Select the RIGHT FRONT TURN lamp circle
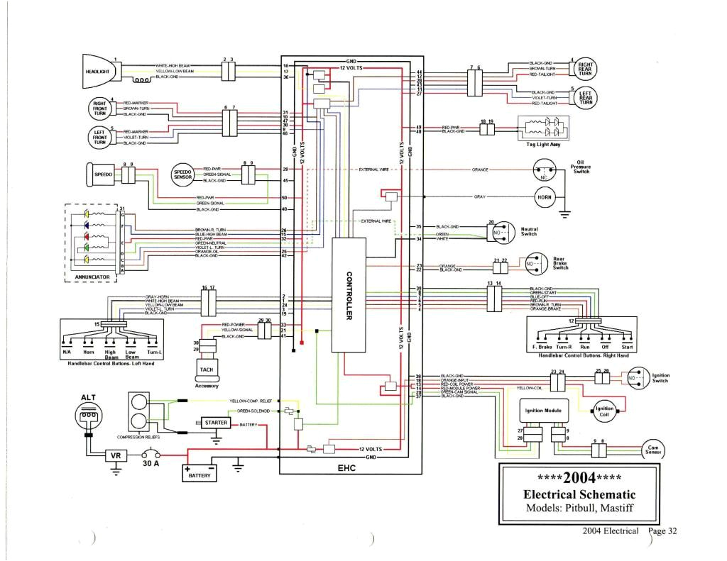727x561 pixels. point(99,108)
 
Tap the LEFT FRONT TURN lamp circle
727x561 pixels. point(99,136)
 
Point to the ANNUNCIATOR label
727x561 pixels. point(92,277)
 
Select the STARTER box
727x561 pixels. point(216,423)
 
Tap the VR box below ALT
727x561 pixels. point(115,455)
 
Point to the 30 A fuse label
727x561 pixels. point(150,465)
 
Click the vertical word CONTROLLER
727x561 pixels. point(349,295)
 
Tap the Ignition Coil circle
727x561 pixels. point(604,411)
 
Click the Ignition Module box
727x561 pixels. point(543,411)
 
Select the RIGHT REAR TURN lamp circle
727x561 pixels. point(586,69)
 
